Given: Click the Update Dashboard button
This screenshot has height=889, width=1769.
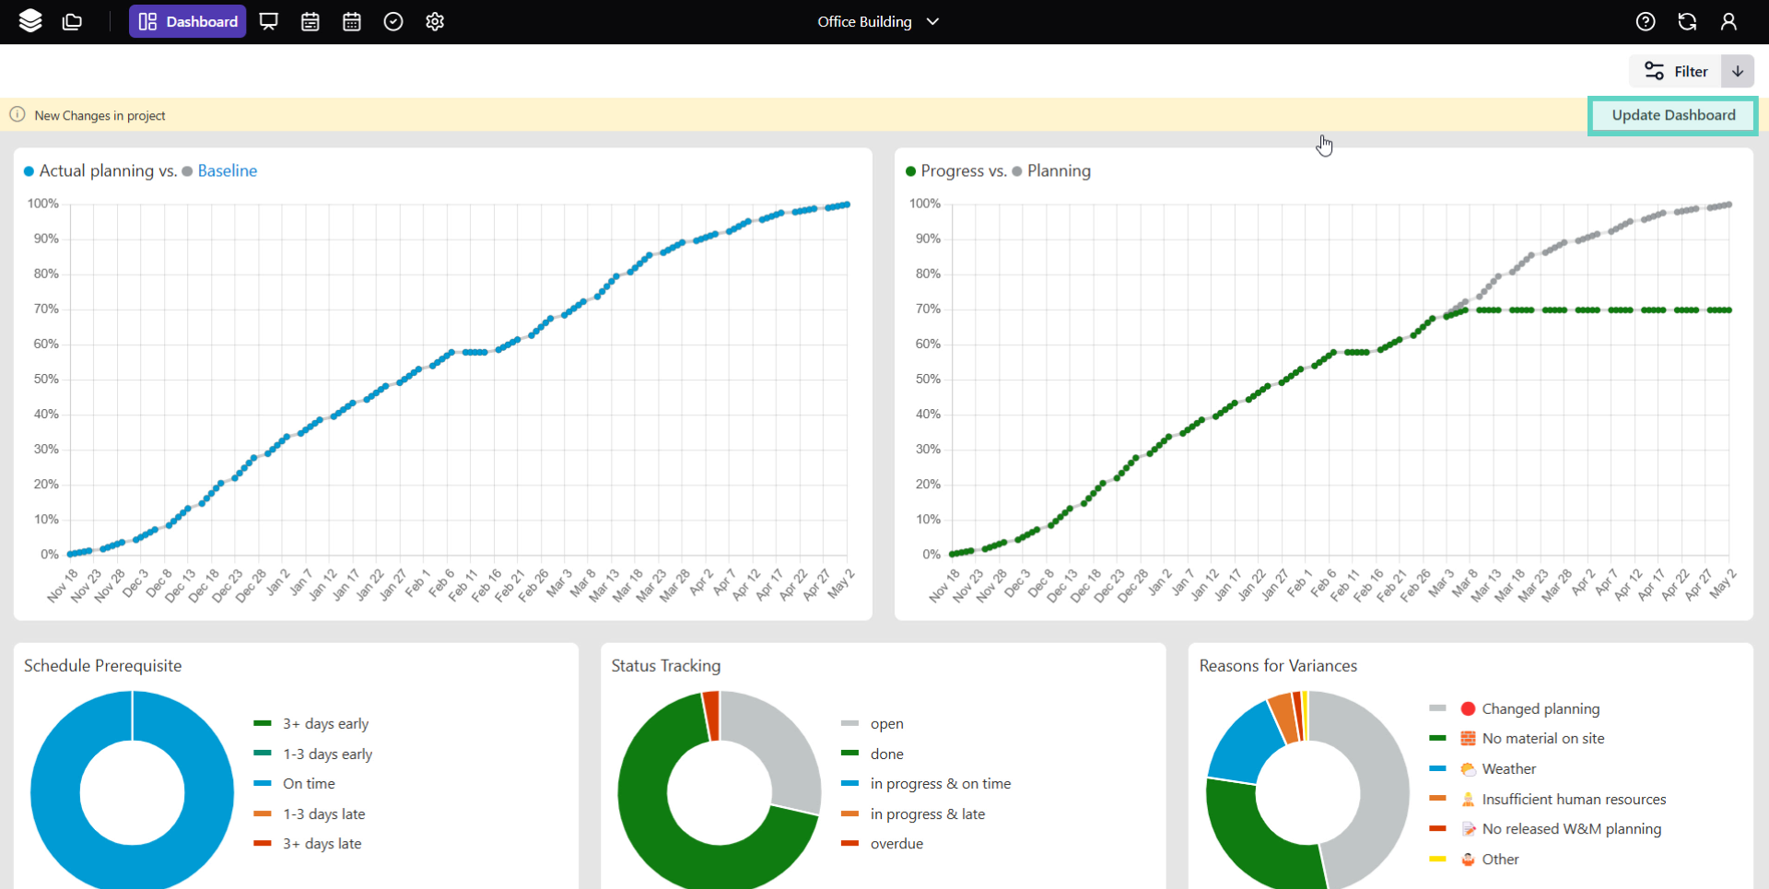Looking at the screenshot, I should pyautogui.click(x=1672, y=115).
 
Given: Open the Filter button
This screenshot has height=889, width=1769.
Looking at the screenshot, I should pyautogui.click(x=1676, y=71).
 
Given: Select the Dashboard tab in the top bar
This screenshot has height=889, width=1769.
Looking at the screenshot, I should pyautogui.click(x=187, y=21).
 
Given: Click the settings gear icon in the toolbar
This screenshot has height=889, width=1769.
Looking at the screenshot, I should pyautogui.click(x=435, y=21).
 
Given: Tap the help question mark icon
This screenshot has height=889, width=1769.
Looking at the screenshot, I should pyautogui.click(x=1645, y=21).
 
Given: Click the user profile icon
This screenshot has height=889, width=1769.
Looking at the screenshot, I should pyautogui.click(x=1728, y=21).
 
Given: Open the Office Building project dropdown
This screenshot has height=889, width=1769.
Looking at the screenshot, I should pyautogui.click(x=877, y=21).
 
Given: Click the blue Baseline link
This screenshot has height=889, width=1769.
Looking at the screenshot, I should pyautogui.click(x=227, y=170).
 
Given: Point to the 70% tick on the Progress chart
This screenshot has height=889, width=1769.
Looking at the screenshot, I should pyautogui.click(x=928, y=309).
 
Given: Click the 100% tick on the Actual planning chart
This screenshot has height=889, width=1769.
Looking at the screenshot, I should pyautogui.click(x=43, y=204).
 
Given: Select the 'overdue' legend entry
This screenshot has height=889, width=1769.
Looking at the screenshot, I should pyautogui.click(x=896, y=844).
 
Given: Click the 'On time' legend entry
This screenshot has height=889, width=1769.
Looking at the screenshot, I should pyautogui.click(x=309, y=784).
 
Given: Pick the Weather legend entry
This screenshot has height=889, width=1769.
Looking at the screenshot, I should pyautogui.click(x=1508, y=769).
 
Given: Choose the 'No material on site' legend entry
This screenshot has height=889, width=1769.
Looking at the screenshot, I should pyautogui.click(x=1542, y=739).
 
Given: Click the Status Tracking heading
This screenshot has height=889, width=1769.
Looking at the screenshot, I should pyautogui.click(x=665, y=665).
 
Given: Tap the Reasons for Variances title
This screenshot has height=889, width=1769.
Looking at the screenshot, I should pyautogui.click(x=1277, y=665).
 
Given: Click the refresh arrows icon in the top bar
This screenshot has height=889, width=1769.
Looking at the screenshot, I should pyautogui.click(x=1687, y=21).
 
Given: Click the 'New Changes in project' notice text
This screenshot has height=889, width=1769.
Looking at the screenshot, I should pyautogui.click(x=100, y=115).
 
